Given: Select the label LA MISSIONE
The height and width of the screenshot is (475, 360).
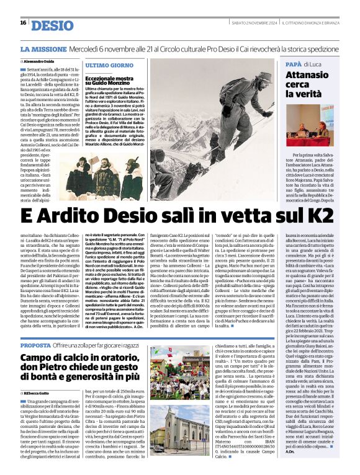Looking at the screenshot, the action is point(42,48).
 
